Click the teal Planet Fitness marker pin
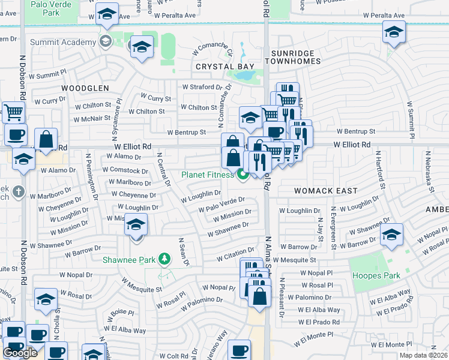coord(243,175)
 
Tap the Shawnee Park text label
coord(128,260)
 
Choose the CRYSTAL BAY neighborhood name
coord(224,67)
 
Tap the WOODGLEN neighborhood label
coord(85,88)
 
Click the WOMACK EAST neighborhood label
coord(326,191)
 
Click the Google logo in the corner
coord(20,353)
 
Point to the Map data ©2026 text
coord(423,355)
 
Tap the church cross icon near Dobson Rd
coord(19,192)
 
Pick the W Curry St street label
coord(155,97)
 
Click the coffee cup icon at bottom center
coord(240,349)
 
